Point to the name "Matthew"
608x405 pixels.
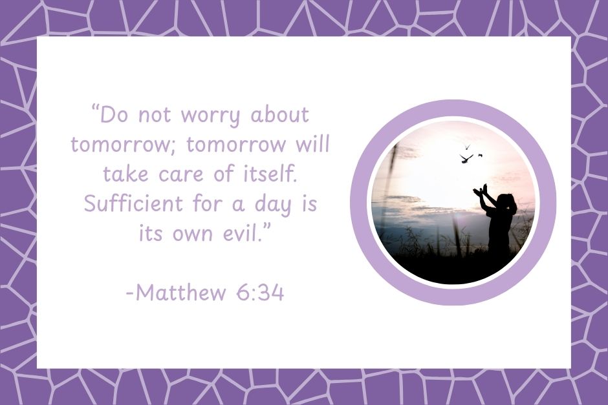[180, 293]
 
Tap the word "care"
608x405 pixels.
[181, 175]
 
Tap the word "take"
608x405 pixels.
[125, 174]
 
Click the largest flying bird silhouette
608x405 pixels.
[466, 158]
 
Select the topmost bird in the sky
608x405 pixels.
[467, 147]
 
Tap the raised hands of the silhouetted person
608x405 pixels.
[481, 191]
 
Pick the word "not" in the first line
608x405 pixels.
[155, 116]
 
